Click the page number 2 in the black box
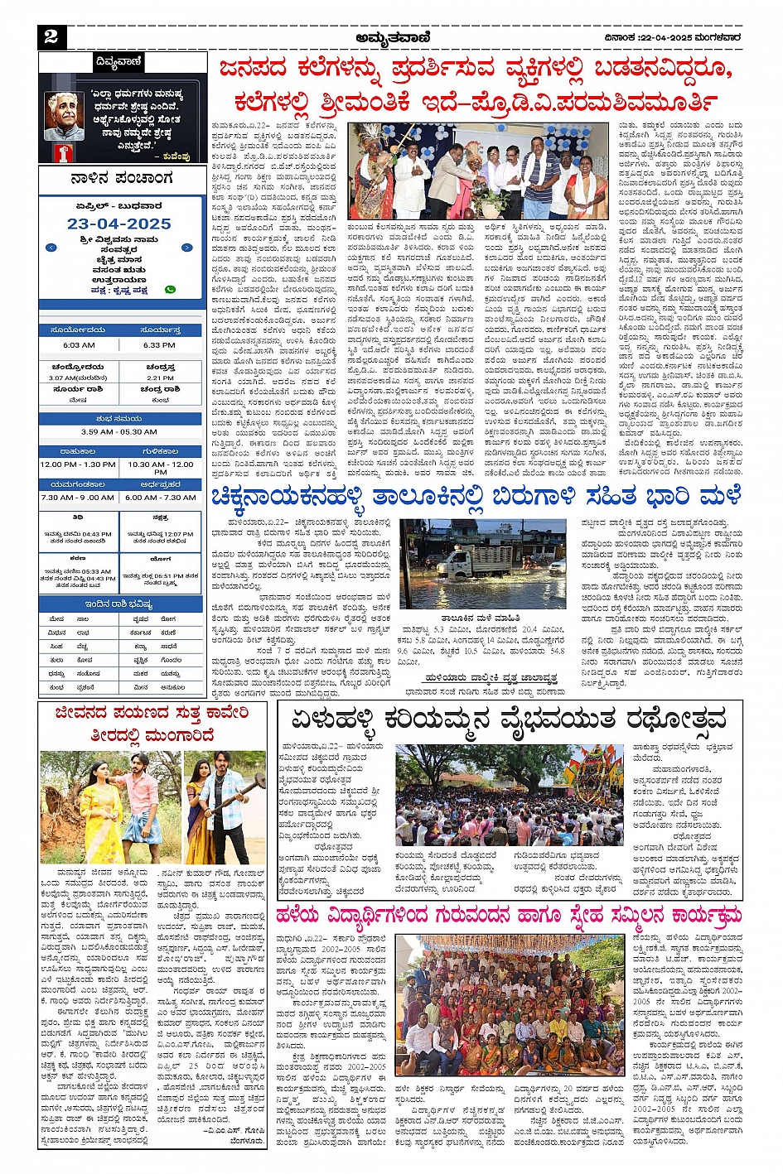pos(51,36)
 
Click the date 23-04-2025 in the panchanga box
pos(119,224)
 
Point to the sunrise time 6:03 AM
pos(79,345)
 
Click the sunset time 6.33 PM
pos(159,345)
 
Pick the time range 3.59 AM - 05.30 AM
pos(119,431)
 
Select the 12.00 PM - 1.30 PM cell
pos(78,464)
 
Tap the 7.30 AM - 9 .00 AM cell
pos(78,498)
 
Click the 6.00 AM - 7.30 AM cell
pos(160,498)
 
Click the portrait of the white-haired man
pos(65,117)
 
